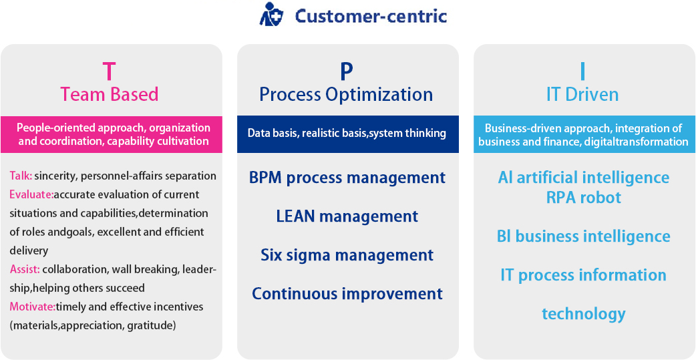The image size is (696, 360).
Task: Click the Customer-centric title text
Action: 371,16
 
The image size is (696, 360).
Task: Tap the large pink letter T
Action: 109,71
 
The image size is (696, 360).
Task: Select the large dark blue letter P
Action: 347,71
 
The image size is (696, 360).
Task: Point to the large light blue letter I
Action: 583,71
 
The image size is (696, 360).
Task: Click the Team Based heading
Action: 109,94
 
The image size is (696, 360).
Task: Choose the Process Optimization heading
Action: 346,95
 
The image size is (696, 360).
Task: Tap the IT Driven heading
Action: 583,94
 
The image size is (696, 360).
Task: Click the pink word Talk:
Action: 21,176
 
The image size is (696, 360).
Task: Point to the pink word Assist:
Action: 25,269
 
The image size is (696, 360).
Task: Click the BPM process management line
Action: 347,178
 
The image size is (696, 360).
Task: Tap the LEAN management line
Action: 347,216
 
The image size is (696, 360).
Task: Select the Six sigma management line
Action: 347,254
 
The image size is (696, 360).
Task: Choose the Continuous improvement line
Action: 347,293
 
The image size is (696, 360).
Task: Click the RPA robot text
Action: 584,197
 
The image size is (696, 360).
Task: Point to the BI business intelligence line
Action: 584,236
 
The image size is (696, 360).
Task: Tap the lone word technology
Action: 584,313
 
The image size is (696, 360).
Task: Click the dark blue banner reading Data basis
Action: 348,134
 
